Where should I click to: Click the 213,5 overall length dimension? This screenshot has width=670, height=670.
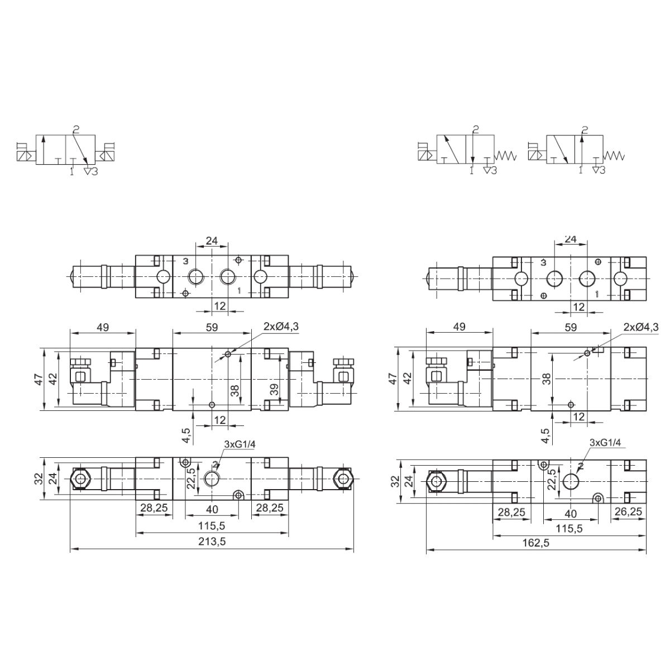point(212,542)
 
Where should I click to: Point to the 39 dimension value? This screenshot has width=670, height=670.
point(274,389)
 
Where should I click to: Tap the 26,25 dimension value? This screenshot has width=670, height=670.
point(628,512)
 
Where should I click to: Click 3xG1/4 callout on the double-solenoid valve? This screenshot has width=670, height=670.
point(240,444)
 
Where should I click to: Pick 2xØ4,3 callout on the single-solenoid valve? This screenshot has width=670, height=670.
point(641,327)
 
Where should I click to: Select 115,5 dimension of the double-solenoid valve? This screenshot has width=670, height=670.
point(212,526)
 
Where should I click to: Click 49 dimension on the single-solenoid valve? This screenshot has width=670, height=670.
point(460,327)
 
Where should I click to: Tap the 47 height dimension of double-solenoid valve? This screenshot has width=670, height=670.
point(39,379)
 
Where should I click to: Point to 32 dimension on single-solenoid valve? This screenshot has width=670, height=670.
point(395,481)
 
